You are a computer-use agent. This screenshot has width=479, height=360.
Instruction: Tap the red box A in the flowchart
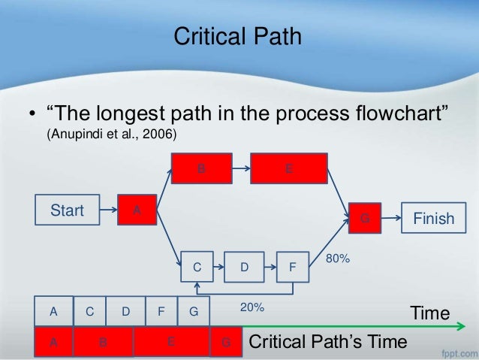pos(136,210)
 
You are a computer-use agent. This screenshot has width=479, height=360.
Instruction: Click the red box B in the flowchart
pos(200,168)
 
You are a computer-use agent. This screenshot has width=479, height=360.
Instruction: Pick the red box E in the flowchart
pos(289,168)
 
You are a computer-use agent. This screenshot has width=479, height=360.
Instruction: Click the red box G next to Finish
pos(364,219)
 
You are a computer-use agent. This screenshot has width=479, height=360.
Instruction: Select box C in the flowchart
pos(197,267)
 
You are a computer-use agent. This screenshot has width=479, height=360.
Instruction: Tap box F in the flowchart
pos(292,267)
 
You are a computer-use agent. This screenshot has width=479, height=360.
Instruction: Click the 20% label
pos(252,307)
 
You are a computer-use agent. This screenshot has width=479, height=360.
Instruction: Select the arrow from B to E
pos(239,168)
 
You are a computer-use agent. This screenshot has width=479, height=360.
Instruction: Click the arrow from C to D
pos(220,267)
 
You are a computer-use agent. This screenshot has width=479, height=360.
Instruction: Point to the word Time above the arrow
pos(429,313)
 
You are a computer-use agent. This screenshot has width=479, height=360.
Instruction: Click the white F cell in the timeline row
pos(161,310)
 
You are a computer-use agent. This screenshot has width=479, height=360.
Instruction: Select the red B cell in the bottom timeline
pos(103,342)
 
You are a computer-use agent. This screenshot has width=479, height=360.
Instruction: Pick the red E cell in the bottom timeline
pos(170,341)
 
